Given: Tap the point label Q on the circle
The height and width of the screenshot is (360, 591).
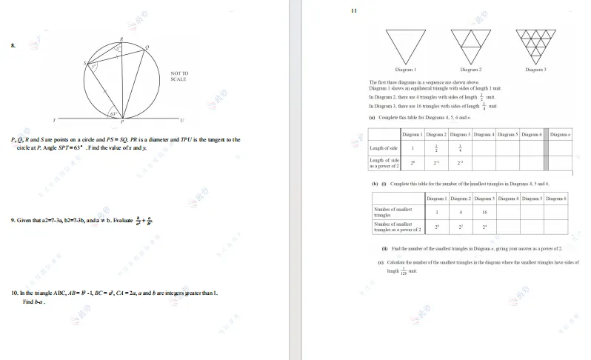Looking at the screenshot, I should pos(147,47).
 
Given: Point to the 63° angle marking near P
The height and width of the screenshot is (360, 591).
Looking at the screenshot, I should pos(113,113).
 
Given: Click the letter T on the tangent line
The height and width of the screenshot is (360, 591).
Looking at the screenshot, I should pos(53,120).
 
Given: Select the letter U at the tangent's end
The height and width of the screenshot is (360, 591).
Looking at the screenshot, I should pos(182,120).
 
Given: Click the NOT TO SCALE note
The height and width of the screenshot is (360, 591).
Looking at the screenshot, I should pos(179,76).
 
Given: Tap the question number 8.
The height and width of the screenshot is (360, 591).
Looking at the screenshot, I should pos(13,46).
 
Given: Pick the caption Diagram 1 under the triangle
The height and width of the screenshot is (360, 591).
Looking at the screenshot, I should pos(405,70).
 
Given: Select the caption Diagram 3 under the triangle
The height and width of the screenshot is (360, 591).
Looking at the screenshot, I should pos(535,70).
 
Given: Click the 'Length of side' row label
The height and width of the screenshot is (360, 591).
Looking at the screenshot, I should pos(384,148).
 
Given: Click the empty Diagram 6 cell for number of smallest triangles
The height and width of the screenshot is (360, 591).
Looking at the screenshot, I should pos(555,212).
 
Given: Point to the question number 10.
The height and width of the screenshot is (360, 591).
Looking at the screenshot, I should pos(14,293).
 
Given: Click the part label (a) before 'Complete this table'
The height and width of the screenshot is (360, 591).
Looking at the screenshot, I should pos(373,117).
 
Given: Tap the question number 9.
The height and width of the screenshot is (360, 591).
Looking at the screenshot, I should pos(13,220).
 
